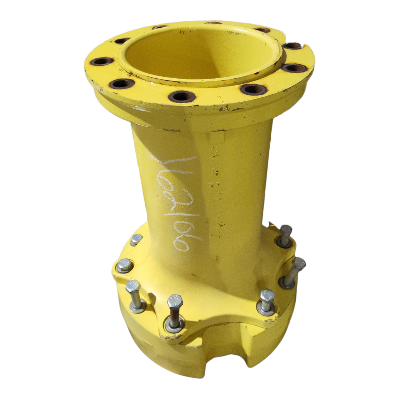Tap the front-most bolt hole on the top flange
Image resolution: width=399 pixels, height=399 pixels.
click(x=182, y=96)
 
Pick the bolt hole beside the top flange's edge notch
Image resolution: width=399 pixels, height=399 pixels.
click(x=292, y=46)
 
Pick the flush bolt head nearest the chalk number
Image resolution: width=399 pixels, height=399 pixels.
click(x=136, y=239)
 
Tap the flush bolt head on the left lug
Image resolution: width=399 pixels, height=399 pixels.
click(x=124, y=265)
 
